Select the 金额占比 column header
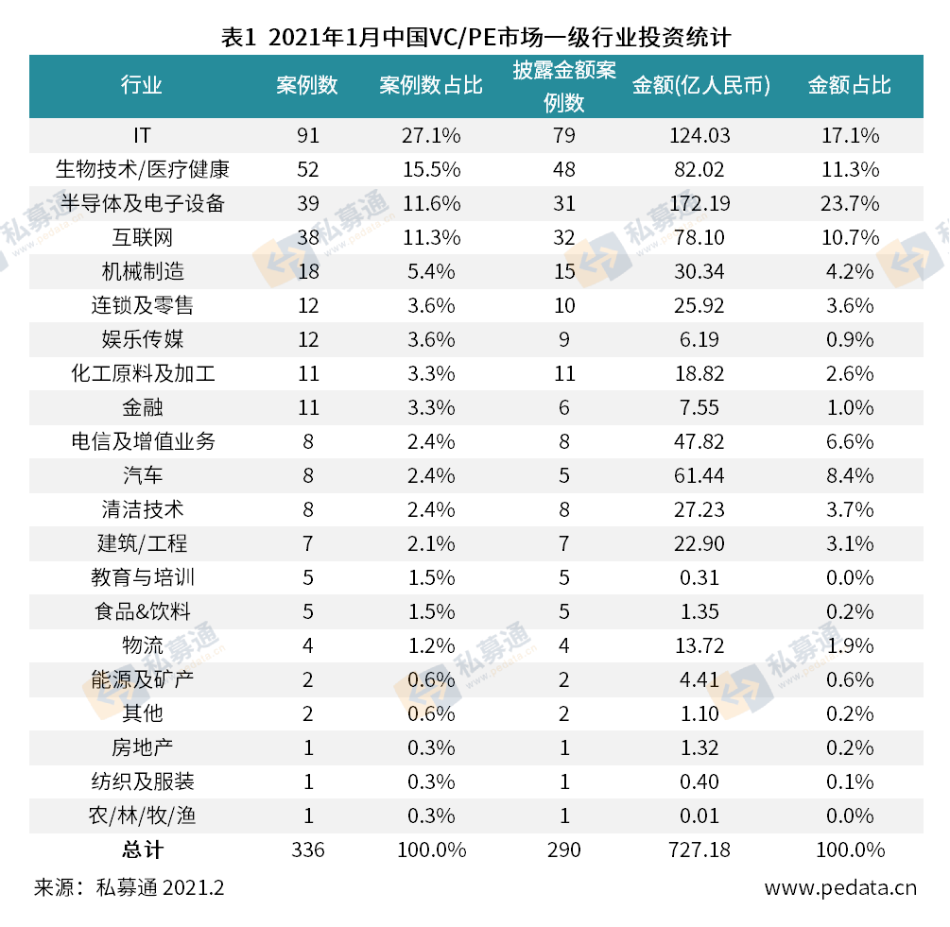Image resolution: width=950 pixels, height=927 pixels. [849, 85]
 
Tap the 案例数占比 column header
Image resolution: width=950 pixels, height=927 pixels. [430, 85]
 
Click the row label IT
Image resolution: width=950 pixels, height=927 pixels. [142, 135]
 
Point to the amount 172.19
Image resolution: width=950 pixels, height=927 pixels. [700, 203]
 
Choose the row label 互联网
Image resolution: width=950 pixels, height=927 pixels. [142, 237]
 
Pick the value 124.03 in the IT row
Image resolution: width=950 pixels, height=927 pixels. [700, 135]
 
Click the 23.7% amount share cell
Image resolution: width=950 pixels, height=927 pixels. [849, 203]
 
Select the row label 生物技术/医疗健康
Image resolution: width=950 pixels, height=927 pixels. [142, 169]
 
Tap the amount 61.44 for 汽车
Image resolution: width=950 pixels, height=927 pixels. [700, 475]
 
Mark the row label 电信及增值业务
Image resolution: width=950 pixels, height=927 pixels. [142, 441]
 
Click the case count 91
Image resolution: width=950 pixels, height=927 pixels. [308, 135]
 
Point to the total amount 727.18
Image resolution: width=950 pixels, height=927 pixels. [700, 850]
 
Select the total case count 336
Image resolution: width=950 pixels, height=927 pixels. [308, 850]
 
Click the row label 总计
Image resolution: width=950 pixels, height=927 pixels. [142, 850]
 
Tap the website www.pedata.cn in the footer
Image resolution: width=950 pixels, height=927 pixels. [840, 888]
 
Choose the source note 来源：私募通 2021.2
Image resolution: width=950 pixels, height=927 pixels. [130, 888]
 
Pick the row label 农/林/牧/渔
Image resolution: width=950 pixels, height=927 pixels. [142, 815]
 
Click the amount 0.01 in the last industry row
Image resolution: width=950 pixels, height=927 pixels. [700, 815]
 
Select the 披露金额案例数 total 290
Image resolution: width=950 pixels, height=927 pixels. [564, 850]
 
